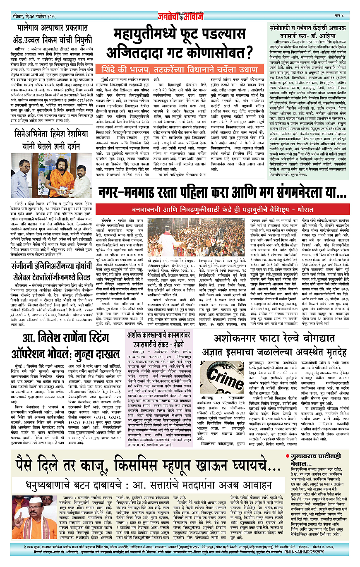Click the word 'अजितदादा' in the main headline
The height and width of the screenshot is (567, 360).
pos(137,53)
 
